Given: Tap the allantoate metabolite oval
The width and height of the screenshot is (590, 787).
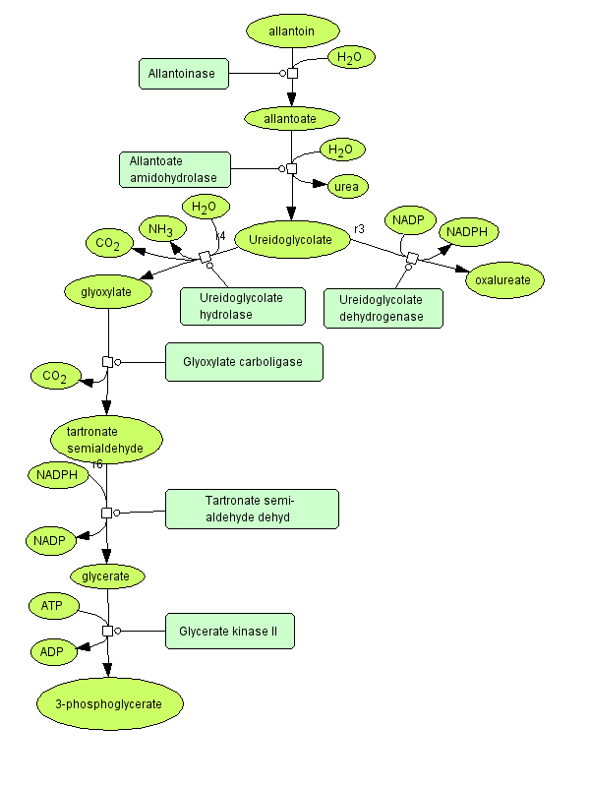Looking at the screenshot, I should point(290,118).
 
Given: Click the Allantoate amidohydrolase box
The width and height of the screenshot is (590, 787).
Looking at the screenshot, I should point(175,169).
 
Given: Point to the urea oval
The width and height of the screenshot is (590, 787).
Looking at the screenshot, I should point(346,185).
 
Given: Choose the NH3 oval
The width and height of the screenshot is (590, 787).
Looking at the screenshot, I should point(161,229).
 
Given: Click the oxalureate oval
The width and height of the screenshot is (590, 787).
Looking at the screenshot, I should point(502,280).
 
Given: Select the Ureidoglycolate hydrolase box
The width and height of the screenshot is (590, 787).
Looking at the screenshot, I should point(242,306).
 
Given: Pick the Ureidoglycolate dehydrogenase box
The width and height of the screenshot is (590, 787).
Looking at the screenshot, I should point(383,308).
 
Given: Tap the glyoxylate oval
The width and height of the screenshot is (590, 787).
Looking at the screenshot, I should point(110,291).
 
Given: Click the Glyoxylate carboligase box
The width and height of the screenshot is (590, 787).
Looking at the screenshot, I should point(246,362).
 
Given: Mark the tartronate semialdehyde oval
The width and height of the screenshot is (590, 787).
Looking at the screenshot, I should point(105,440).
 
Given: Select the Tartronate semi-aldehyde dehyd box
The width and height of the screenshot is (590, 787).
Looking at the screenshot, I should point(252,509).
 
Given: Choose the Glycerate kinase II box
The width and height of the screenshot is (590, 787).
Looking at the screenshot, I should point(229,630).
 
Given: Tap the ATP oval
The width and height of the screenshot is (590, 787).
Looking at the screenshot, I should point(53,606).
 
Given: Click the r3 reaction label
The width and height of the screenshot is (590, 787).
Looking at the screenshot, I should point(359,229).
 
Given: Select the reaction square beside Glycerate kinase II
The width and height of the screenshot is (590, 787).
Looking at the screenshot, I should point(107,630).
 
